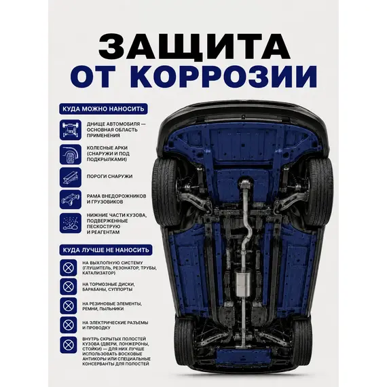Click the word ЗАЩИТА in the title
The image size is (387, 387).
click(194, 46)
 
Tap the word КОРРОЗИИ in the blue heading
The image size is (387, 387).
click(226, 76)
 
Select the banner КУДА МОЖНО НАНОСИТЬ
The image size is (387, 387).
click(103, 109)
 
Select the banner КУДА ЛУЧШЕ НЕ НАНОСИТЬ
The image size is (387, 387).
click(106, 250)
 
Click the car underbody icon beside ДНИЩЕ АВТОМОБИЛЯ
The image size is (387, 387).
click(71, 130)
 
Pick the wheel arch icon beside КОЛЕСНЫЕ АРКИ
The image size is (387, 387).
click(71, 154)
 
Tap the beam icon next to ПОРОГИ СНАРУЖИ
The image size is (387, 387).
click(71, 177)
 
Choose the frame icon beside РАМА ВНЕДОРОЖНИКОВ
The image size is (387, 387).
click(71, 200)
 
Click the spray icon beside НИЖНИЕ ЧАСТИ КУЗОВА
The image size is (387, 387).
click(71, 223)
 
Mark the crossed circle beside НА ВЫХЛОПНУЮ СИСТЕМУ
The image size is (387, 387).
click(69, 268)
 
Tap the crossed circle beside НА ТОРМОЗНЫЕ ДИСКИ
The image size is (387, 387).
click(69, 287)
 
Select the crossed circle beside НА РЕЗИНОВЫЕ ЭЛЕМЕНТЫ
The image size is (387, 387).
click(69, 306)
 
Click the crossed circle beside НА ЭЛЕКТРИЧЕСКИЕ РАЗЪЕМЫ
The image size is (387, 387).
click(69, 325)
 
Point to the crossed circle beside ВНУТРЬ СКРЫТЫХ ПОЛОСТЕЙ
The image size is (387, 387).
click(69, 345)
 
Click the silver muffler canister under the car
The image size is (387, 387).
click(243, 284)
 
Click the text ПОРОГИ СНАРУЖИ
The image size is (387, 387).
click(109, 177)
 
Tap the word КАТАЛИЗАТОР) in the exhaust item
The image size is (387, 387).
click(98, 273)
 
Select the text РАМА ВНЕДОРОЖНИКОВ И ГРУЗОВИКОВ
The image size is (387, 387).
click(116, 199)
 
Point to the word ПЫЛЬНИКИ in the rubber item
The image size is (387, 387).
click(113, 309)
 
